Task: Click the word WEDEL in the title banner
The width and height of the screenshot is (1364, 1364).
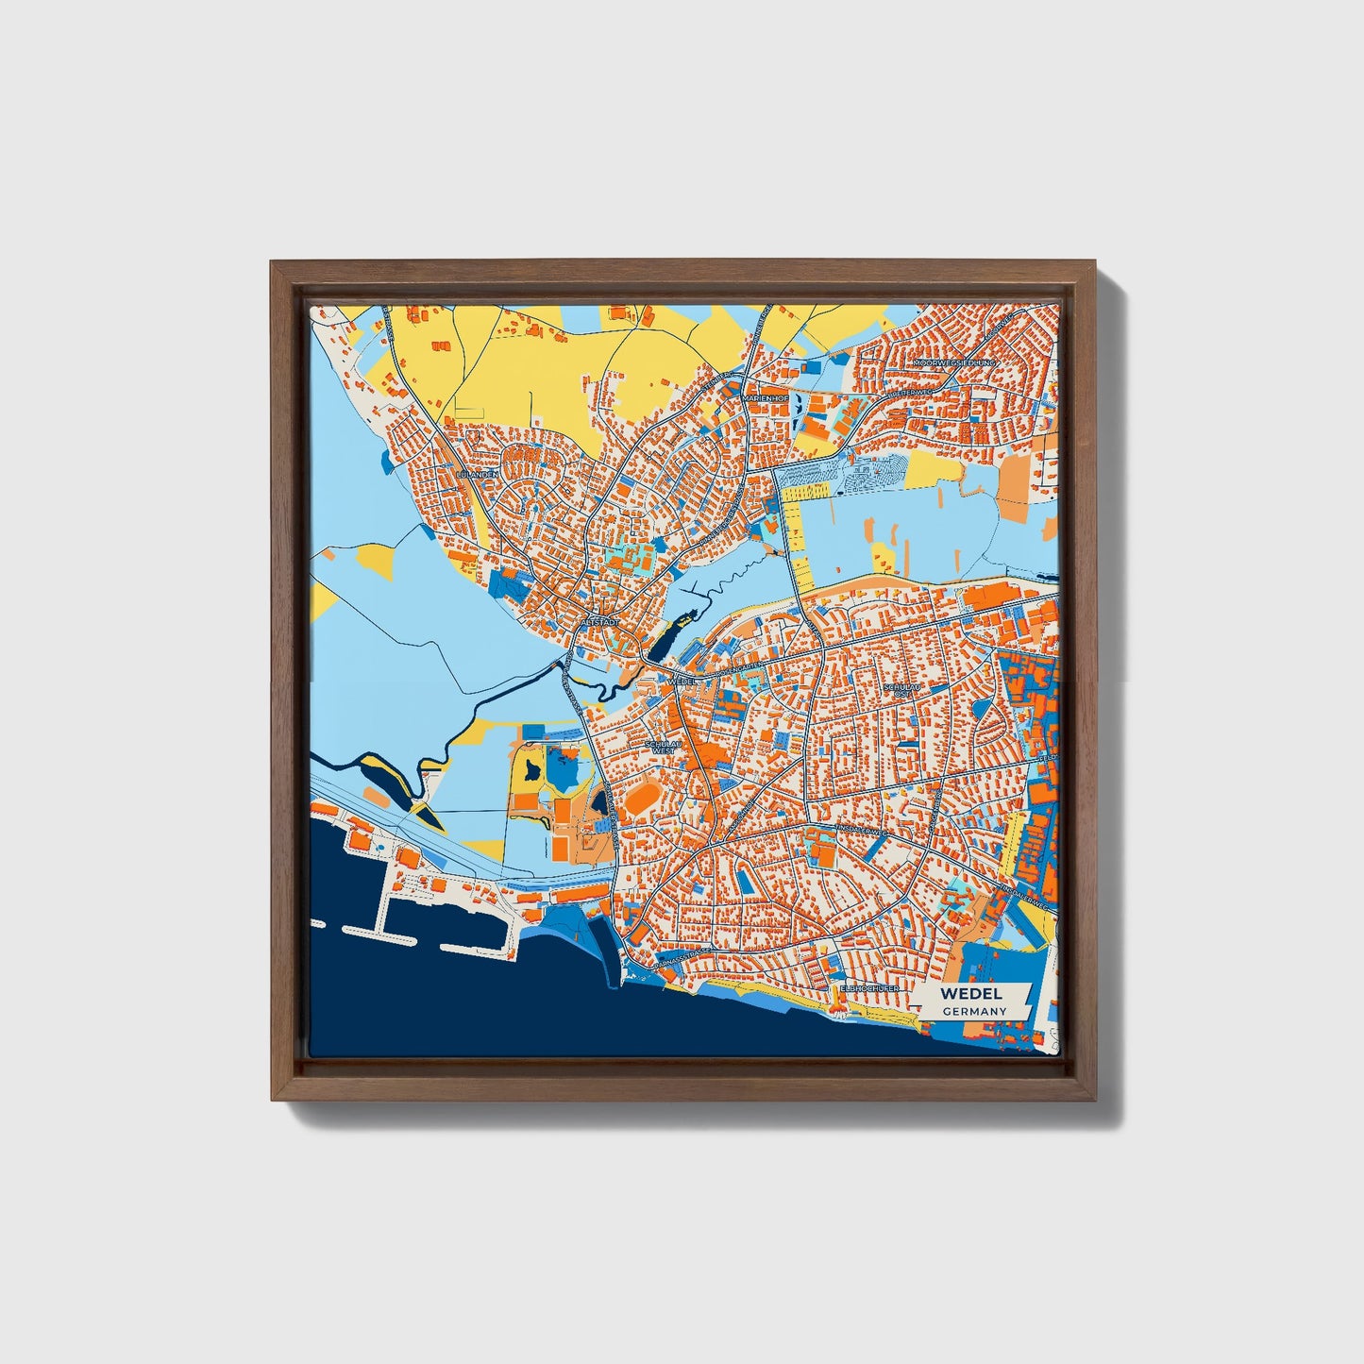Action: (x=971, y=994)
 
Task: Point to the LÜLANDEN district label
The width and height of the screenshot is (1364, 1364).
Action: (x=476, y=475)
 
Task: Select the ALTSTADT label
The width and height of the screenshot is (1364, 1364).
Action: (x=601, y=623)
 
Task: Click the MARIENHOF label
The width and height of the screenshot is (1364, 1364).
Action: (x=766, y=398)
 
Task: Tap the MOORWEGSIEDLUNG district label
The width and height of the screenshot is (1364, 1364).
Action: (x=954, y=362)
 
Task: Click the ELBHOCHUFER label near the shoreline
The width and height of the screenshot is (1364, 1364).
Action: (x=869, y=989)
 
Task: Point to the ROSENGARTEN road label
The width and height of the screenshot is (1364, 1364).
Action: (x=745, y=669)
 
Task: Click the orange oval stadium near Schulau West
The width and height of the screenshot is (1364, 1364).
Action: (x=644, y=800)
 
